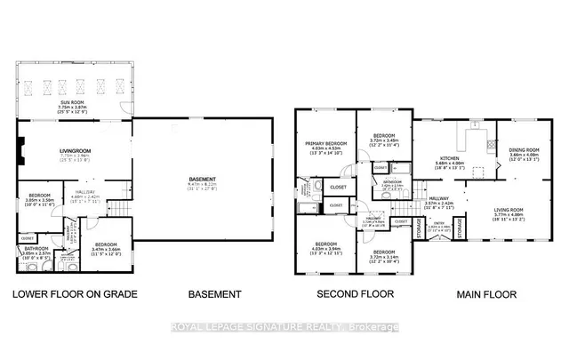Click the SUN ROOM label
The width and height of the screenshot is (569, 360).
(x=73, y=103)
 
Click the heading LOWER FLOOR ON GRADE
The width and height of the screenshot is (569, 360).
(x=74, y=294)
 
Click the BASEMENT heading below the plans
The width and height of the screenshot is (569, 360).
(x=214, y=294)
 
